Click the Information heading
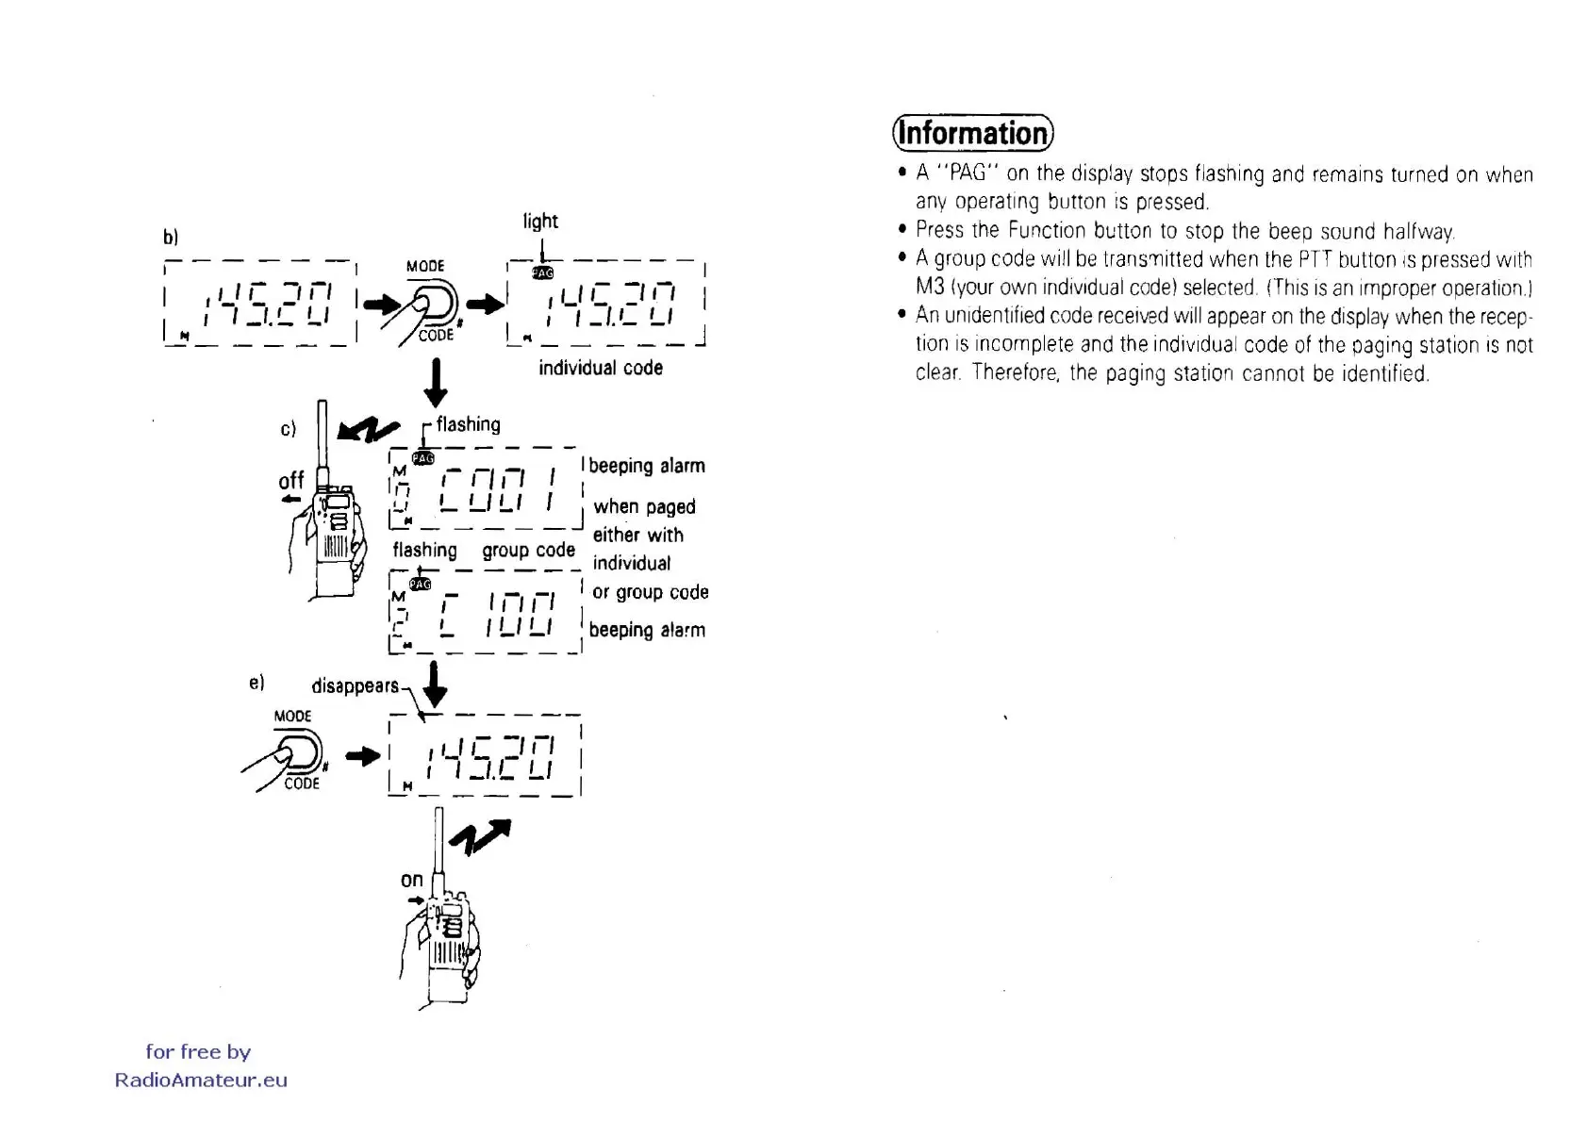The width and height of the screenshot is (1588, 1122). pyautogui.click(x=972, y=133)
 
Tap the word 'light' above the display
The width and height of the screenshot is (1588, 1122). pyautogui.click(x=540, y=222)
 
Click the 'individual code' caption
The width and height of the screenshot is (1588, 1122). pyautogui.click(x=600, y=368)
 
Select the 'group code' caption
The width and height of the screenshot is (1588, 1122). pyautogui.click(x=528, y=550)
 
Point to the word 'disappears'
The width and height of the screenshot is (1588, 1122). pyautogui.click(x=355, y=685)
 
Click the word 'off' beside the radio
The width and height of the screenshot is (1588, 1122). pyautogui.click(x=291, y=482)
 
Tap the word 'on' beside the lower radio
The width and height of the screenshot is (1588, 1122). pyautogui.click(x=411, y=880)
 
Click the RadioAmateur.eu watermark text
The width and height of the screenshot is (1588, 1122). pyautogui.click(x=201, y=1081)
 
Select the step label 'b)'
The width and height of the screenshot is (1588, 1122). pyautogui.click(x=171, y=237)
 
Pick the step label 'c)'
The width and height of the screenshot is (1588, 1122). pyautogui.click(x=289, y=429)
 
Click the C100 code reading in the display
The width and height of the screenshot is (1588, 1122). pyautogui.click(x=498, y=615)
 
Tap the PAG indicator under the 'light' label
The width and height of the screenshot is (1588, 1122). pyautogui.click(x=542, y=272)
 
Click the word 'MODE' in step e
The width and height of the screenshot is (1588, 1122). pyautogui.click(x=292, y=716)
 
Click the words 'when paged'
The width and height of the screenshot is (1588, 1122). pyautogui.click(x=644, y=506)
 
